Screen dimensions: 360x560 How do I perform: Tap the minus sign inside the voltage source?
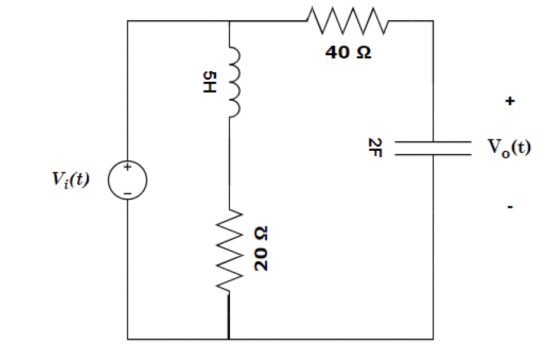tap(127, 191)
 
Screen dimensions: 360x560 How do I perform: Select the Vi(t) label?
tap(71, 179)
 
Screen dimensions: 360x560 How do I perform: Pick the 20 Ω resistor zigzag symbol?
tap(229, 252)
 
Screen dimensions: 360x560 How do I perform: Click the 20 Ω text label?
tap(260, 249)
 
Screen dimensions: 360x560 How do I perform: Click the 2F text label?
tap(372, 148)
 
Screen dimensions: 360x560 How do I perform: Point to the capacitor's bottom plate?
tap(433, 153)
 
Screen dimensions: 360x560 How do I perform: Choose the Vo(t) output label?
tap(509, 148)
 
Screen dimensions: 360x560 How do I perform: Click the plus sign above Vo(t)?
tap(510, 100)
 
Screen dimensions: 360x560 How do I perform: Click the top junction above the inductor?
tap(229, 21)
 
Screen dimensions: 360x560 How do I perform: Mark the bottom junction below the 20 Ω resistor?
tap(229, 339)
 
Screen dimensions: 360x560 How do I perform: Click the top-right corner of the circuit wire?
tap(433, 21)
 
